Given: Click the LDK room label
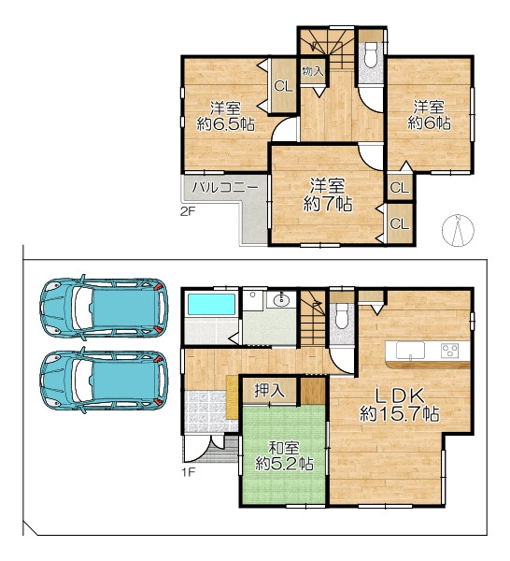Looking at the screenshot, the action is (399, 396).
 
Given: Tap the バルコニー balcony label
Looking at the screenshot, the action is (225, 188).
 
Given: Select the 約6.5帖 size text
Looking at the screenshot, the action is (225, 124).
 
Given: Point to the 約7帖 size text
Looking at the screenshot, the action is (328, 204).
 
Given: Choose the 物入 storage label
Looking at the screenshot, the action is (312, 71).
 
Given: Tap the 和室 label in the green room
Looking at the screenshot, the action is (284, 448).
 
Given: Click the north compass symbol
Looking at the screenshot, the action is (458, 230).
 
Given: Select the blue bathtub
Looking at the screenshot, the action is (212, 304).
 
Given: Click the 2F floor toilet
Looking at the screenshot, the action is (372, 54).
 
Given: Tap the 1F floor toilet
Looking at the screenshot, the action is (341, 315).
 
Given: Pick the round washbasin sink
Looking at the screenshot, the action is (282, 300).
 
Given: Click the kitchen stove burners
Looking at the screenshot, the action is (450, 350).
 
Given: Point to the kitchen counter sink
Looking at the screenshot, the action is (410, 350).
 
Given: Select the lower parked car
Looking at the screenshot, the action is (104, 381).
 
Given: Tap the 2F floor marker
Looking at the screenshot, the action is (188, 211).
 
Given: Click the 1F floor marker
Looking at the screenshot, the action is (188, 472).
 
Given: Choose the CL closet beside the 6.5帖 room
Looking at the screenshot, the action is (283, 86).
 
